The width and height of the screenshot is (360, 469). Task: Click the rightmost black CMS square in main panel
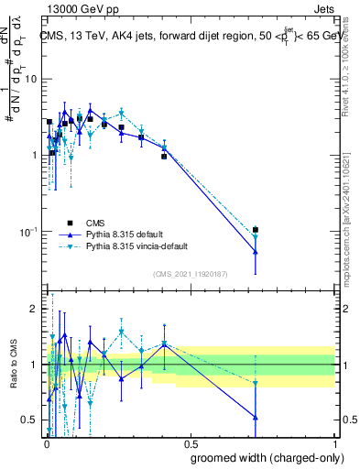pyautogui.click(x=256, y=230)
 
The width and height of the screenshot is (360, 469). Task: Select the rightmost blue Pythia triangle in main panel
pyautogui.click(x=256, y=252)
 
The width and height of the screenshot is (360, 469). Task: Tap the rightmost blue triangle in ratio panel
pyautogui.click(x=256, y=418)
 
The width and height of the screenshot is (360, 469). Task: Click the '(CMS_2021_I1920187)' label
pyautogui.click(x=191, y=273)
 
